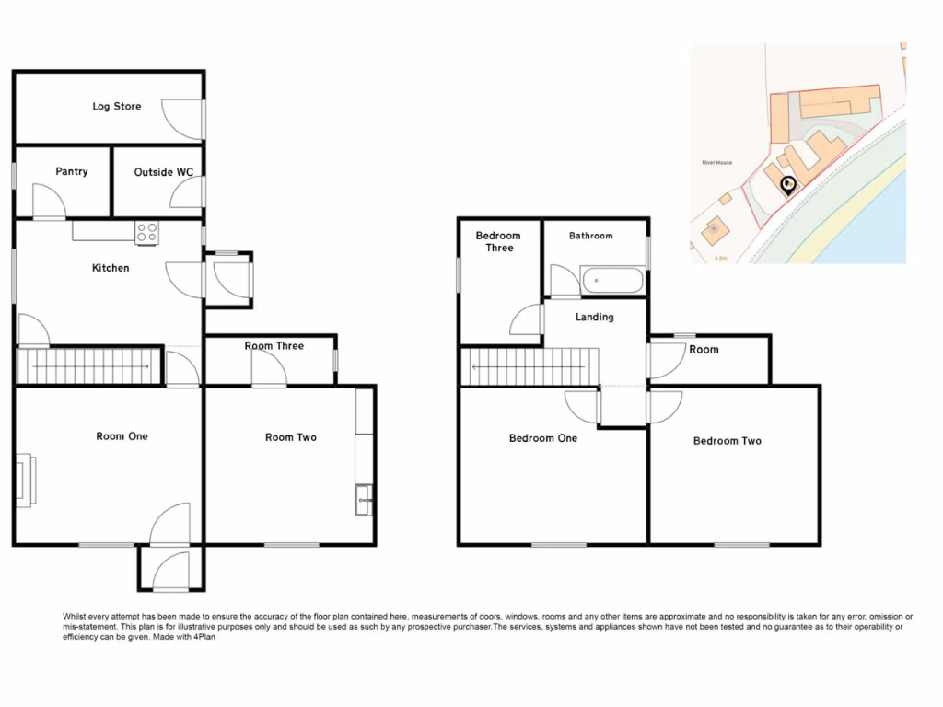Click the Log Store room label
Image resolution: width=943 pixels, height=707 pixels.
point(116,107)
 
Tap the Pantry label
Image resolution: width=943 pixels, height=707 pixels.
point(72,172)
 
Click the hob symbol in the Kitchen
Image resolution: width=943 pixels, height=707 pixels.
point(146,233)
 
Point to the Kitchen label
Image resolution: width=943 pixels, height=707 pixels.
point(111,269)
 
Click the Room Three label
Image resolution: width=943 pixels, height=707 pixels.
point(274,346)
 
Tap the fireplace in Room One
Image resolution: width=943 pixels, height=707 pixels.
point(24,479)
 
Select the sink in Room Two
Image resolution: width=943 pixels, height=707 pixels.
point(363,498)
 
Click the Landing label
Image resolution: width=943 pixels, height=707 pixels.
point(594,318)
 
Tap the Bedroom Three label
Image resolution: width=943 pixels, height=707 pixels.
point(498,242)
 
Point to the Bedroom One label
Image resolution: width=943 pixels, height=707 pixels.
point(543,438)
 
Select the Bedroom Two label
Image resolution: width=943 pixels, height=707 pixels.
point(728,441)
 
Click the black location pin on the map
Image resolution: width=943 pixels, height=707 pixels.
point(787,186)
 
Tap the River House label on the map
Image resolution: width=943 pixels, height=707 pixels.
point(716,163)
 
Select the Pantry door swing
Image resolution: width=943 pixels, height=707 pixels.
point(48,201)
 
